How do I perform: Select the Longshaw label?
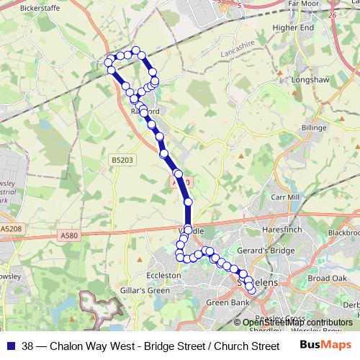click(x=310, y=80)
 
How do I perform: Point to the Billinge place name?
click(x=314, y=127)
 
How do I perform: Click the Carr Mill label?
click(x=283, y=197)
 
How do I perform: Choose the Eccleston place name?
click(x=164, y=275)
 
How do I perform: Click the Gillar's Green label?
click(x=145, y=290)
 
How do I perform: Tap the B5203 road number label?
click(x=122, y=160)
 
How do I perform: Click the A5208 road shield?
click(x=12, y=228)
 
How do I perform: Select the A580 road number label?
click(x=70, y=235)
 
